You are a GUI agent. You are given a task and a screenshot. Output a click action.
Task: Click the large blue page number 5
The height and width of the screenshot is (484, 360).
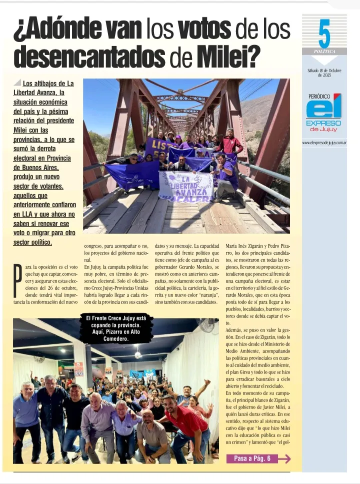(x=324, y=34)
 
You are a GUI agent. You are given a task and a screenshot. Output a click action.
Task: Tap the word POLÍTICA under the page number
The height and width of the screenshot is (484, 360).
(x=324, y=52)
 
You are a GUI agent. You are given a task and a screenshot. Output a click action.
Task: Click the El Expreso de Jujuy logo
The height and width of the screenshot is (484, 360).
(x=324, y=113)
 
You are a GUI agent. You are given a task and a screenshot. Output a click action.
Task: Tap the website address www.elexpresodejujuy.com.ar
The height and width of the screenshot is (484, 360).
(x=324, y=143)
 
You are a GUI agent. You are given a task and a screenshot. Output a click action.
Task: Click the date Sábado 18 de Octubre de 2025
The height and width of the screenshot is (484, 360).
(x=324, y=73)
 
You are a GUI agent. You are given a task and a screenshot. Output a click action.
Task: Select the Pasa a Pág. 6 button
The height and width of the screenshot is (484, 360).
(x=252, y=458)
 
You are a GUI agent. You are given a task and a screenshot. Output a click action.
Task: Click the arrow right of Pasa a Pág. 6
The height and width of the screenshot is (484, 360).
(x=284, y=458)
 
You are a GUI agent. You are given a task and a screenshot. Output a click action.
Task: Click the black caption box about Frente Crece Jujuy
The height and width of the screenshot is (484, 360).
(x=116, y=328)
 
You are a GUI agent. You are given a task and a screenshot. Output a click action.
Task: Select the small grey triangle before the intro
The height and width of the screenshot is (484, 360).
(x=17, y=83)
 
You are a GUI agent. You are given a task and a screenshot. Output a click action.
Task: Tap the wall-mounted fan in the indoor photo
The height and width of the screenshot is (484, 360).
(x=205, y=325)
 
